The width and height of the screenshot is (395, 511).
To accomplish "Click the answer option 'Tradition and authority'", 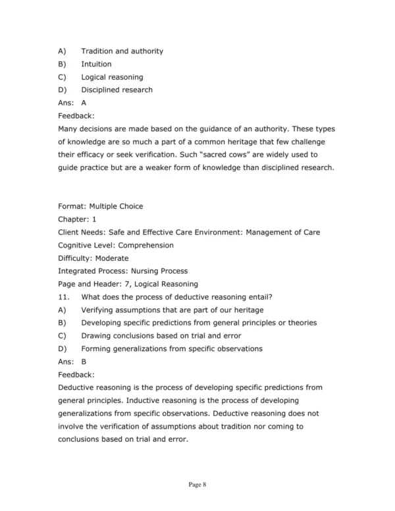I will pos(122,51).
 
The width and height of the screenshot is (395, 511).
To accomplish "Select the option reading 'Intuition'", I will pos(96,64).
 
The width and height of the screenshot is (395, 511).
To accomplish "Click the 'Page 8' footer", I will pos(197,485).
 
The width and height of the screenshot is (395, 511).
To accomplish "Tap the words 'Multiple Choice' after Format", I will pos(116,206).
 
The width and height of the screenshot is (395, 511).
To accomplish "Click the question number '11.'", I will pos(64,296).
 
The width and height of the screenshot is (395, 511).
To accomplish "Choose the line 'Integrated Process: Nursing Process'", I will pos(123,271).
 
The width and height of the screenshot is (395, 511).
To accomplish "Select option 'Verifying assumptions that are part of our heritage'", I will pos(172,309).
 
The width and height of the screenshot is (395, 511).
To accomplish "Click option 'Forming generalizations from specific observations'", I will pos(172,348).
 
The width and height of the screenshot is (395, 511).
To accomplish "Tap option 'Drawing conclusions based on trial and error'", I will pos(161,335).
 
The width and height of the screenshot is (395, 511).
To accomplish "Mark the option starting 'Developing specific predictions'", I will pos(199,323).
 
